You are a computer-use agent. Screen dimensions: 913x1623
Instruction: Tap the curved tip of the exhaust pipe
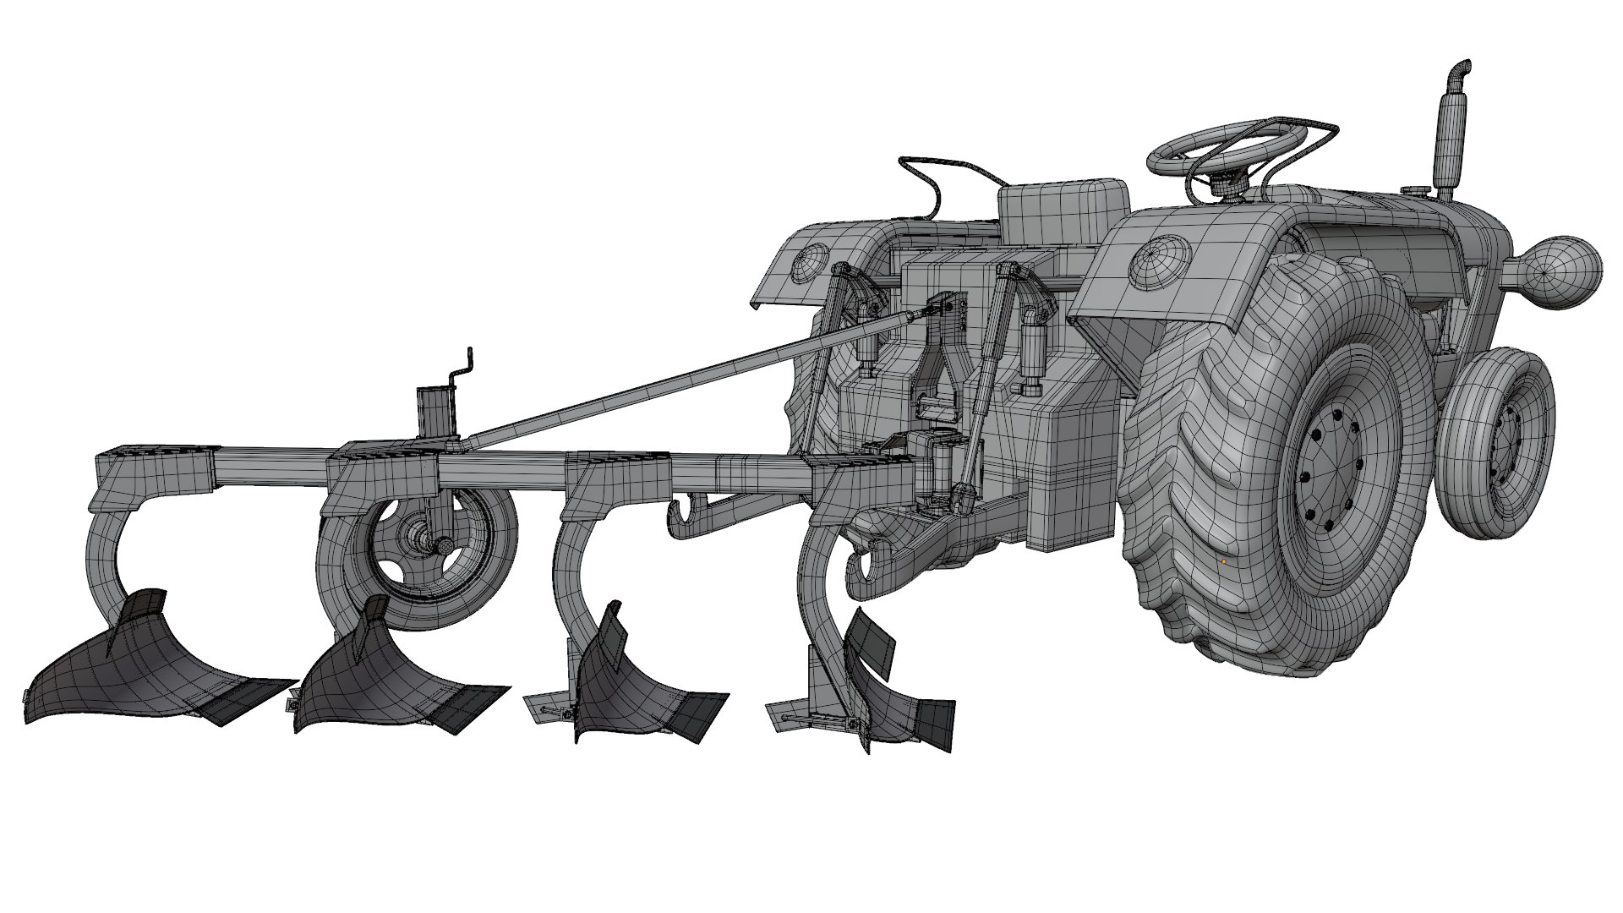pos(1461,68)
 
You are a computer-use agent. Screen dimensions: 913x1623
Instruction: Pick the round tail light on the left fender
pos(810,263)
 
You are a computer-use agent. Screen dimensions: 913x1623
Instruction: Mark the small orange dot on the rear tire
pos(1223,560)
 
